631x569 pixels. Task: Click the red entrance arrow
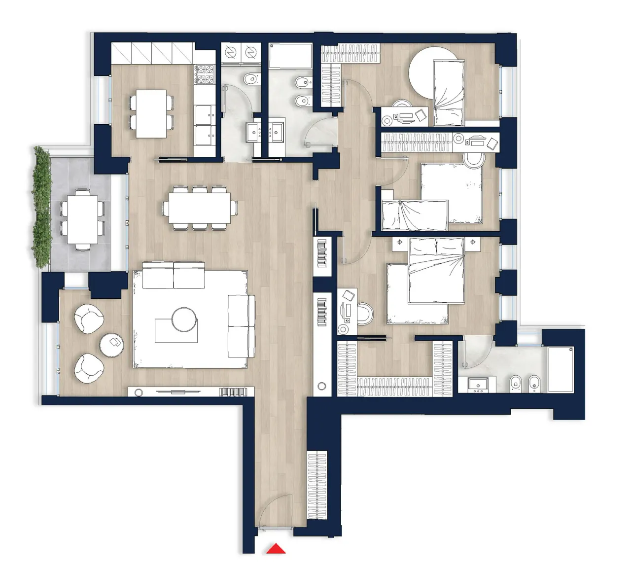point(277,549)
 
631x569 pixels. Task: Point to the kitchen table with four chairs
point(151,113)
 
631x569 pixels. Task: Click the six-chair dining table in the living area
point(199,207)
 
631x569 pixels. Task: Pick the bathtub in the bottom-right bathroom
point(561,369)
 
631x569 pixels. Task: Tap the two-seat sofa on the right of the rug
point(242,326)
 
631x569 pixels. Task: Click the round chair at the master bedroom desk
point(365,314)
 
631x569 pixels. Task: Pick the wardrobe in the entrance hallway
point(317,484)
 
